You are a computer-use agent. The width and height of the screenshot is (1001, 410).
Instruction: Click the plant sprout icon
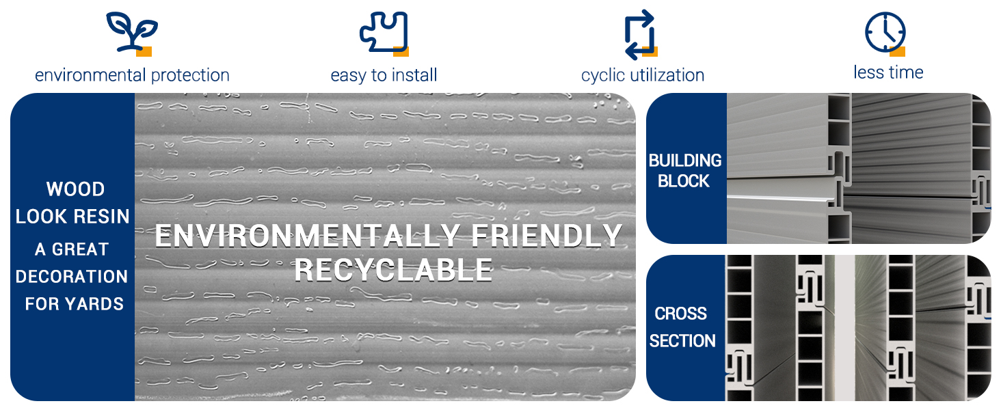click(132, 31)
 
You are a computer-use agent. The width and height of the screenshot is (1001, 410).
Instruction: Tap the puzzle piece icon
click(384, 31)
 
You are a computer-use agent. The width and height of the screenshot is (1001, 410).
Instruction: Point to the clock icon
click(885, 32)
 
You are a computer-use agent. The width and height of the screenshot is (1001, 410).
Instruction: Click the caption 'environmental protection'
click(132, 75)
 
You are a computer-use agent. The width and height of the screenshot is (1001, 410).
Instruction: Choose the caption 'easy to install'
click(384, 75)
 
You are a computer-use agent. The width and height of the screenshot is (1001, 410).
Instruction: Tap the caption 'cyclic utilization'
click(643, 75)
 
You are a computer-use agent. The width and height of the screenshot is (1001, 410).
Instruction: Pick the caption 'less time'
click(888, 72)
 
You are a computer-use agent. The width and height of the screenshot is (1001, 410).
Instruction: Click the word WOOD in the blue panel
click(75, 189)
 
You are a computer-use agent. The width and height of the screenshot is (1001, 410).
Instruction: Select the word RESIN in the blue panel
click(101, 216)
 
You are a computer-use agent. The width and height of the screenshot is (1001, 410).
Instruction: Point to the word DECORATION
click(72, 277)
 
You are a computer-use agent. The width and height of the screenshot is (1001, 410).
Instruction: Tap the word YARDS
click(95, 303)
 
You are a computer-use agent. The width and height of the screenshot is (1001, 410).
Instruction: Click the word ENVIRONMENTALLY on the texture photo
click(308, 235)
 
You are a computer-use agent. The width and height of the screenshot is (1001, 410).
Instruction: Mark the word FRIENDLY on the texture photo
click(547, 235)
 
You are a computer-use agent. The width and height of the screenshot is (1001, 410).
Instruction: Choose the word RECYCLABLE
click(393, 270)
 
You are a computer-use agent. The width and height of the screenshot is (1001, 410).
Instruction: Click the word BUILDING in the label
click(685, 161)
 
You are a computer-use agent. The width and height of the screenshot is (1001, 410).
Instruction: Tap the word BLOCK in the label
click(684, 181)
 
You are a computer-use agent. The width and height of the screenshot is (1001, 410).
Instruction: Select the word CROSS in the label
click(680, 314)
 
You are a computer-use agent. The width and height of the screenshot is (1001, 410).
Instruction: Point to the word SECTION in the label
click(682, 341)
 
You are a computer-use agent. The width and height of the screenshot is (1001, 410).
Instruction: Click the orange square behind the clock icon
click(898, 51)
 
